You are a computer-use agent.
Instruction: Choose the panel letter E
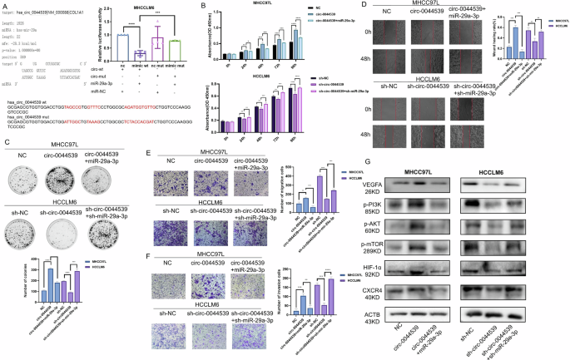point(148,155)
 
